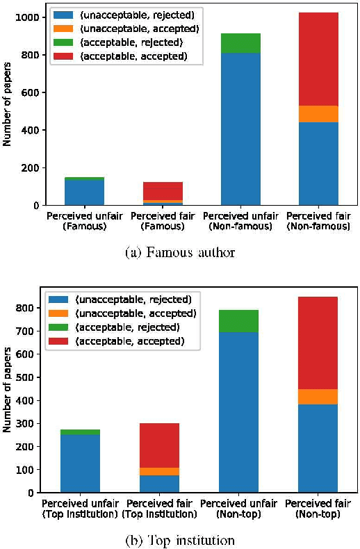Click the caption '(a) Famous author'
point(180,253)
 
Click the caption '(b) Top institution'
point(180,540)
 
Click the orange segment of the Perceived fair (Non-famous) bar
point(318,114)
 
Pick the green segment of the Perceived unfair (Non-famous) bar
point(240,43)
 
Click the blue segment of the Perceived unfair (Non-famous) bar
point(240,129)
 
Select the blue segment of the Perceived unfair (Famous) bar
point(84,192)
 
